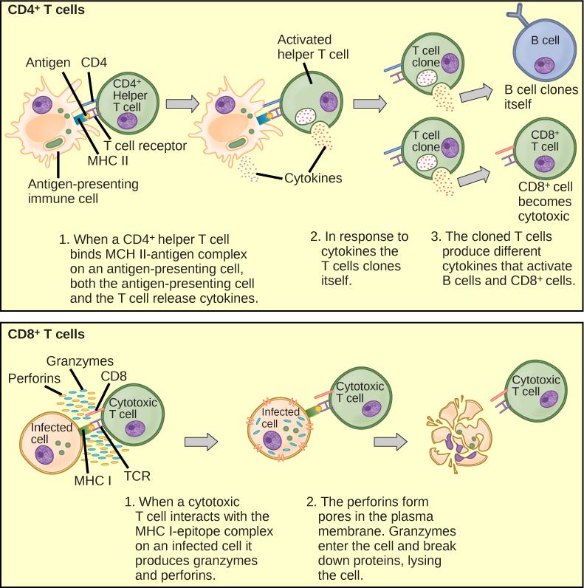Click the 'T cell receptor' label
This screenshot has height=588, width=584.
(145, 146)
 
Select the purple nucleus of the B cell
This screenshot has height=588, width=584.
(546, 66)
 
